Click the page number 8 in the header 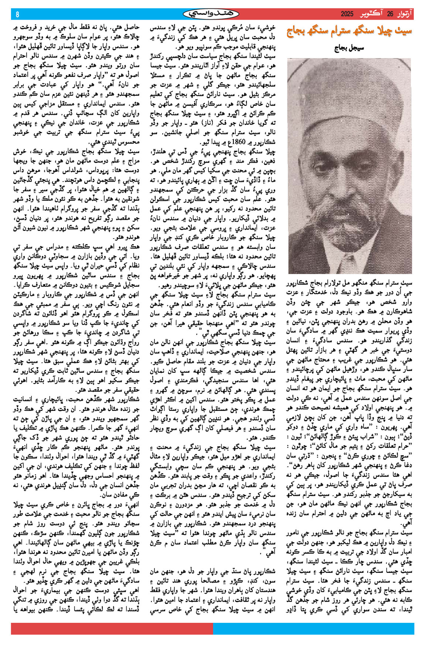click(17, 14)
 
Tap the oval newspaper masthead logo click(211, 14)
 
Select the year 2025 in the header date click(347, 14)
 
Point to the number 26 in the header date click(390, 14)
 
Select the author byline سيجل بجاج click(349, 49)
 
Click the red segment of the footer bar click(111, 628)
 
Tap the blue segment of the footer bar click(314, 628)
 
